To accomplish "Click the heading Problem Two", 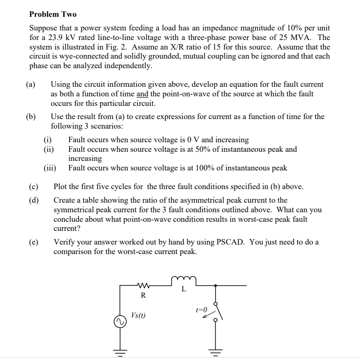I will tap(53, 15).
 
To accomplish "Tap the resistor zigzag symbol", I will tap(143, 285).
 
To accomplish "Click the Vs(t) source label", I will tap(138, 315).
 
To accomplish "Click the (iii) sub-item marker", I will tap(50, 168).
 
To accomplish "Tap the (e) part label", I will tap(33, 242).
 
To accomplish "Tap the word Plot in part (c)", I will tap(61, 187).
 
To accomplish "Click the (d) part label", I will tap(33, 200).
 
